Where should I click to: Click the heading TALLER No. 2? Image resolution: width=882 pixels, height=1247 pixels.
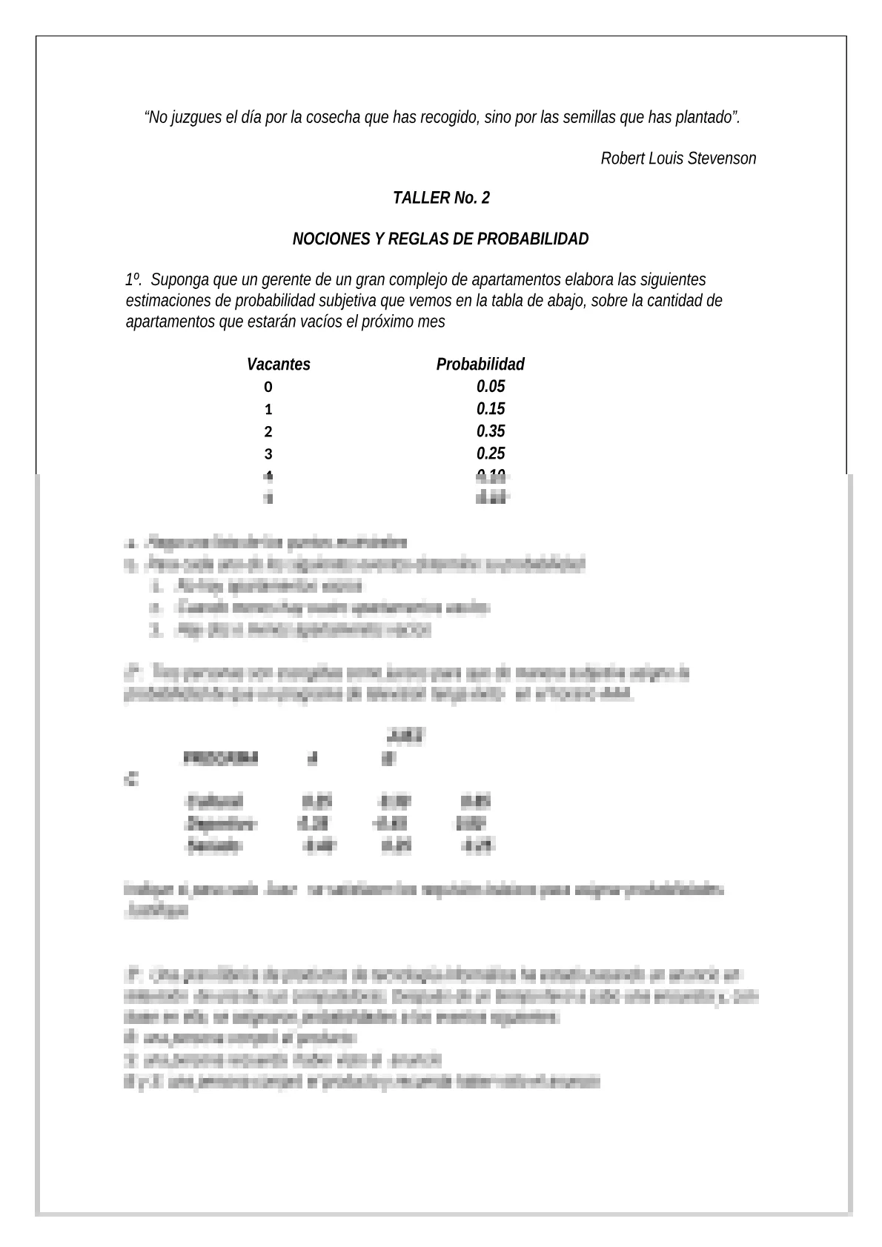click(x=441, y=199)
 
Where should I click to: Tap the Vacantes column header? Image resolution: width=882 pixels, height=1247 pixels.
click(x=279, y=365)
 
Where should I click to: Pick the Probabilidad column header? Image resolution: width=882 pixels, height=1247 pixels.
click(x=480, y=365)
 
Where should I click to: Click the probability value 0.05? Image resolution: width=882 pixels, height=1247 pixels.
click(x=491, y=387)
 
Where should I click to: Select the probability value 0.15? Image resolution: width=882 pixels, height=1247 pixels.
click(x=491, y=409)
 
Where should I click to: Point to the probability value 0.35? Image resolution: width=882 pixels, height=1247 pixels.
click(x=491, y=431)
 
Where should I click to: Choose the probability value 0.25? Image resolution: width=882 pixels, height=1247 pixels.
click(x=491, y=453)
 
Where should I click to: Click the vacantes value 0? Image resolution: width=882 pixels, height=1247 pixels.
click(x=268, y=388)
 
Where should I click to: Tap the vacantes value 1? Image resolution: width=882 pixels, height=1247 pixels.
click(x=268, y=410)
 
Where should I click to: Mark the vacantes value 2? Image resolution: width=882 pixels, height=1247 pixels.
click(x=268, y=432)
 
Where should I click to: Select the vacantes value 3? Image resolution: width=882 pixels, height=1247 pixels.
click(x=268, y=454)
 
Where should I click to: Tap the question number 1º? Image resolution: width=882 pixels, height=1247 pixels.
click(x=133, y=281)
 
